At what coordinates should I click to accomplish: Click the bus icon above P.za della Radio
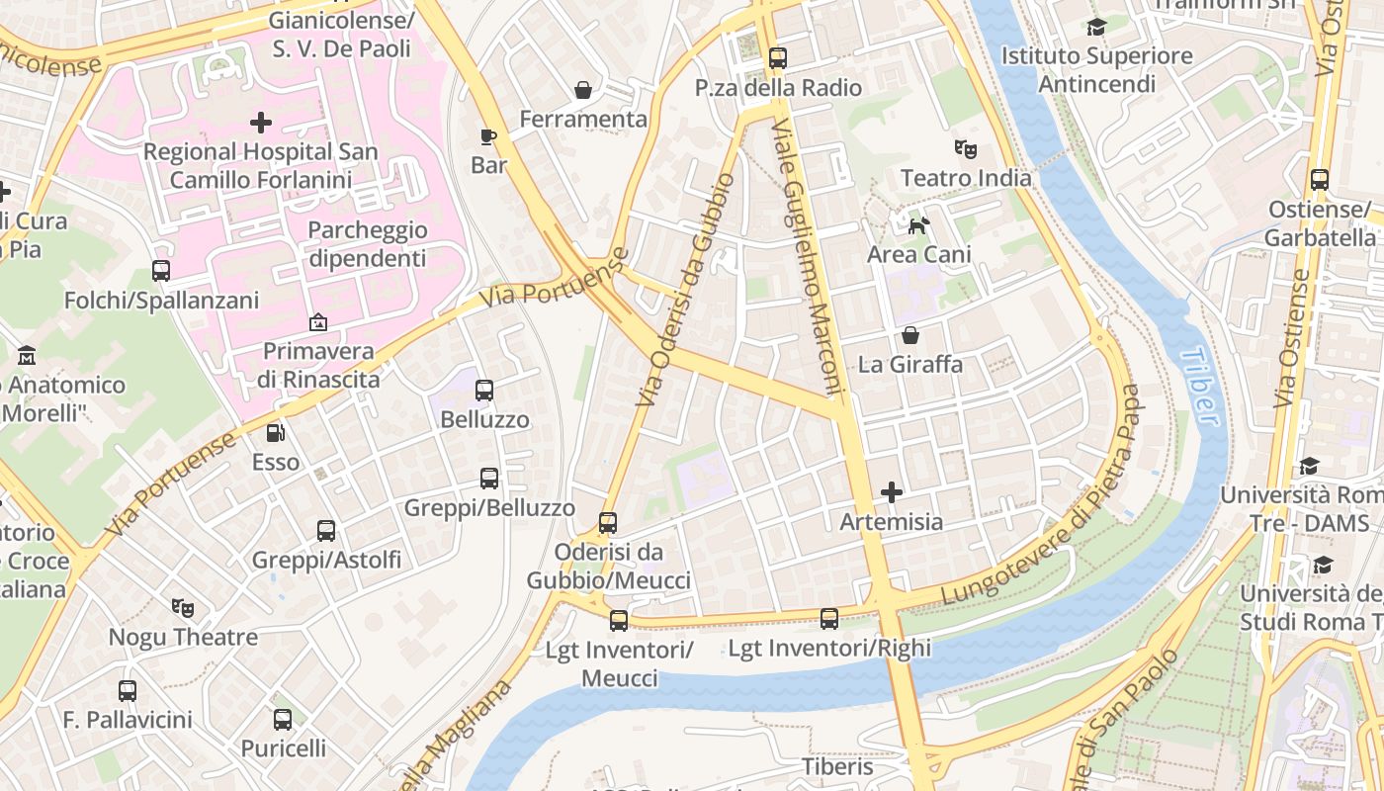[x=778, y=58]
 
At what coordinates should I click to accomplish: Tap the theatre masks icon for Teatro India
[x=965, y=149]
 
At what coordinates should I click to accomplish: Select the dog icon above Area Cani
[x=918, y=225]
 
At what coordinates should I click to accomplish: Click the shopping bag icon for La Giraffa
[x=909, y=335]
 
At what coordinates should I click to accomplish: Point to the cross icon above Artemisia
[x=892, y=491]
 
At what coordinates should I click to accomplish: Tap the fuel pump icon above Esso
[x=276, y=432]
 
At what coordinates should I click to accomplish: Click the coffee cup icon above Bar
[x=487, y=136]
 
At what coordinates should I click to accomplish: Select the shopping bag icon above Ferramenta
[x=583, y=90]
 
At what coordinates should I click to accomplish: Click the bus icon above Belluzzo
[x=484, y=391]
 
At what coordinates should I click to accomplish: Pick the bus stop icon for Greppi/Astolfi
[x=326, y=531]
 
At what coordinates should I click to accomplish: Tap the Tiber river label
[x=1200, y=387]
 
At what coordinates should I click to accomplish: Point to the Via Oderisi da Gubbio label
[x=687, y=289]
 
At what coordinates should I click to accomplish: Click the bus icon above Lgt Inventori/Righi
[x=829, y=619]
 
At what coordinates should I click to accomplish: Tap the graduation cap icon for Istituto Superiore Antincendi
[x=1096, y=27]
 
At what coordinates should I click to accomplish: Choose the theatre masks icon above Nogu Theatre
[x=182, y=607]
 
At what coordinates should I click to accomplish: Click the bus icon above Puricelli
[x=283, y=719]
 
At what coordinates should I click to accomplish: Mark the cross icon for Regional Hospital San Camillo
[x=261, y=123]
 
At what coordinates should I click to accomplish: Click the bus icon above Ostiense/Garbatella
[x=1320, y=180]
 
